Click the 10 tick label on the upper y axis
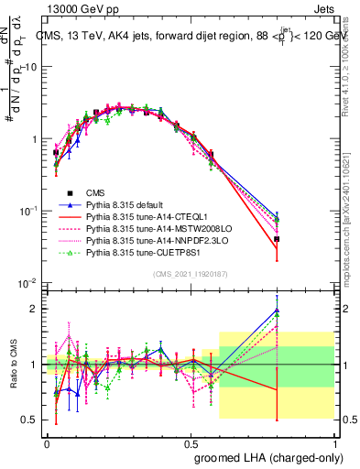coord(30,67)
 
